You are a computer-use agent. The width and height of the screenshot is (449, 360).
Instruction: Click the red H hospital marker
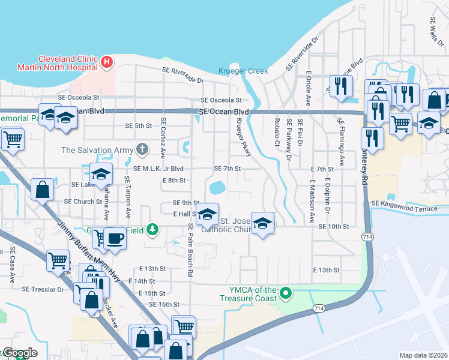point(106,62)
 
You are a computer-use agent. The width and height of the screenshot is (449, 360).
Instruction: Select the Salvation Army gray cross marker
point(142,148)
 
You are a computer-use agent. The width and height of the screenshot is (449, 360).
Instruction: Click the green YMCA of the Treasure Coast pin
point(286,293)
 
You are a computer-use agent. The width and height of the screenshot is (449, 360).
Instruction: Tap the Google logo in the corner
point(19,353)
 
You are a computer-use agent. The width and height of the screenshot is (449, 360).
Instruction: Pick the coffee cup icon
point(115,238)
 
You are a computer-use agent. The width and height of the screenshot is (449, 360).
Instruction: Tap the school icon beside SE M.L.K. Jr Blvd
point(101,174)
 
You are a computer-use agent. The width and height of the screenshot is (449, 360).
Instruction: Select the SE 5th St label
point(139,125)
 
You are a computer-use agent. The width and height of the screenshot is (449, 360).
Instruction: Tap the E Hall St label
point(185,214)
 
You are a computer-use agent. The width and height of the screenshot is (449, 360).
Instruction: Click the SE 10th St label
point(334,226)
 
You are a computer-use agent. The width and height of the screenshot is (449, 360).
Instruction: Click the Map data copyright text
point(423,355)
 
